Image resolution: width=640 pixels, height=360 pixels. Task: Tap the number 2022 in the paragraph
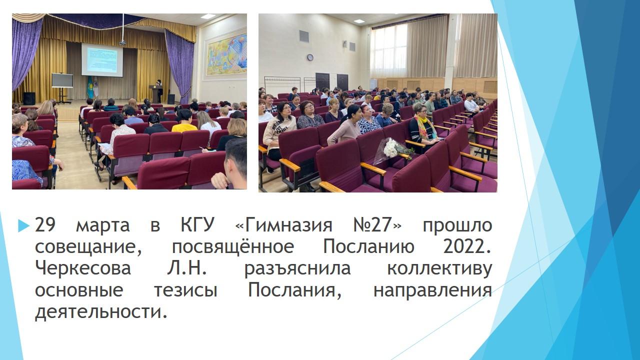click(x=467, y=246)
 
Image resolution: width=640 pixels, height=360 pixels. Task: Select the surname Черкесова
click(x=83, y=268)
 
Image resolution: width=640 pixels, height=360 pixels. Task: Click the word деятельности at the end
click(x=100, y=311)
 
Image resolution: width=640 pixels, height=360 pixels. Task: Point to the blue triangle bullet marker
click(x=23, y=225)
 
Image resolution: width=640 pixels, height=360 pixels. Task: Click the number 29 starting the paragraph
click(x=45, y=225)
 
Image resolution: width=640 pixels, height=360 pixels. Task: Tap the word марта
click(x=103, y=225)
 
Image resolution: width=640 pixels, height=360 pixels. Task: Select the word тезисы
click(x=185, y=290)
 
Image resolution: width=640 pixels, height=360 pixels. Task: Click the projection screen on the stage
click(x=102, y=59)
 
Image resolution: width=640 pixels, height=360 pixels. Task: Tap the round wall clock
click(x=310, y=57)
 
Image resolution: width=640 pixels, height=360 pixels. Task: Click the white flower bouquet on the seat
click(x=392, y=147)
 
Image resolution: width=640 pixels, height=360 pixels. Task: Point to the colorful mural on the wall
click(x=227, y=55)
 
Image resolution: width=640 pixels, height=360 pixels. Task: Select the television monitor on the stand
click(x=62, y=80)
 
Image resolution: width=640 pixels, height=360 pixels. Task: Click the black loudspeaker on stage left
click(x=29, y=98)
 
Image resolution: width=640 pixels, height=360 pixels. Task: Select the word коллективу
click(x=439, y=268)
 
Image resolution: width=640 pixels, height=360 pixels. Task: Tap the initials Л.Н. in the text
click(x=186, y=268)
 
